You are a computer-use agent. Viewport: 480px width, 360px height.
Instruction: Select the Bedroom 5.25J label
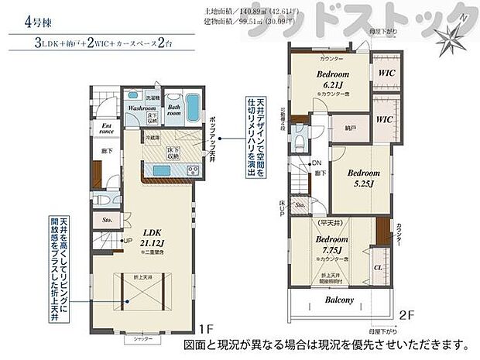point(361,177)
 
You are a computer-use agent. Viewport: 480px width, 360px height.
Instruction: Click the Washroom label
point(142,109)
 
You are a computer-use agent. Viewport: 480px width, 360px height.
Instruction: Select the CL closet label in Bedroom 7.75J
point(377,268)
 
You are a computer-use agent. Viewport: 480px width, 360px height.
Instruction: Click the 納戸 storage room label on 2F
point(351,127)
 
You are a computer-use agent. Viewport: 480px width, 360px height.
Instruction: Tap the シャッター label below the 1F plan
point(142,339)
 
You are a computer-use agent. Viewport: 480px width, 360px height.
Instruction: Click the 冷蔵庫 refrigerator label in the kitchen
point(152,137)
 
